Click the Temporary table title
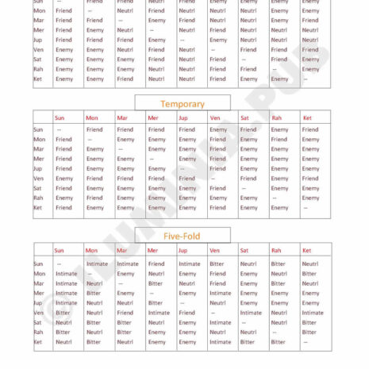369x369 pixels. [x=183, y=104]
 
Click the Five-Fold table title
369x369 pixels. [x=183, y=236]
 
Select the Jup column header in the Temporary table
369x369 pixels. [x=183, y=118]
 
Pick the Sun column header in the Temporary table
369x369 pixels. [x=59, y=118]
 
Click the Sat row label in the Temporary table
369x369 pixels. [x=37, y=188]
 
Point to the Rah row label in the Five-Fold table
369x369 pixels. [x=37, y=332]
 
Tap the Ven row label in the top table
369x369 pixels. [x=38, y=49]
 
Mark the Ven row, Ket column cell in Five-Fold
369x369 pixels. [x=312, y=313]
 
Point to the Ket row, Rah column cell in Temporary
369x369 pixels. [x=279, y=208]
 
